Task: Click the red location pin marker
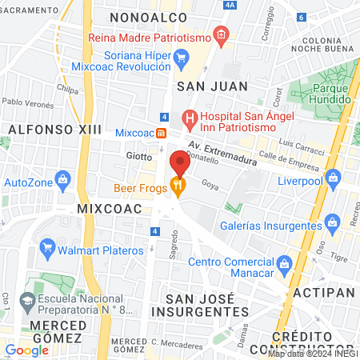point(179,163)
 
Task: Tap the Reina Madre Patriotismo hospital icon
point(222,38)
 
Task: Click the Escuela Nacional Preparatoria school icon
point(27,302)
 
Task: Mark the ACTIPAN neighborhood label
point(323,294)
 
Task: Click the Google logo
point(26,350)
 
